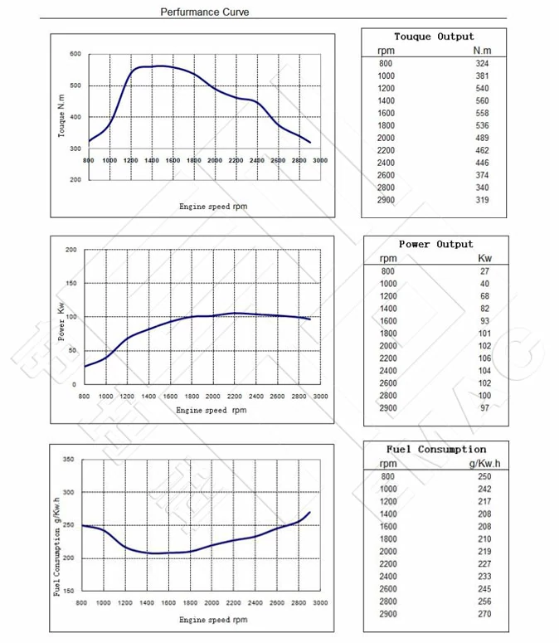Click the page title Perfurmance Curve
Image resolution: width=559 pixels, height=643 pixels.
pos(204,12)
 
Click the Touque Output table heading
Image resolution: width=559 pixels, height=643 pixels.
pos(434,37)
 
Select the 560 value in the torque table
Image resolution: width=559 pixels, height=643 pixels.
pos(482,100)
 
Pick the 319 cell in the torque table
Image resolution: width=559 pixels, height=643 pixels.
pos(482,200)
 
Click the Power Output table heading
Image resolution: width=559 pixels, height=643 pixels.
pos(435,244)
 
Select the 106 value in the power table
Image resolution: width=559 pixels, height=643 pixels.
pos(484,358)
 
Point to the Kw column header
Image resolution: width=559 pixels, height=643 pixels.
pos(484,258)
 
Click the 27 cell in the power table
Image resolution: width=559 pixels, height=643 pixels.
pos(484,271)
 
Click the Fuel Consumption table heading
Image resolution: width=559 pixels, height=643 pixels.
pos(435,449)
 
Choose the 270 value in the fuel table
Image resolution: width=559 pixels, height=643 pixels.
pos(484,614)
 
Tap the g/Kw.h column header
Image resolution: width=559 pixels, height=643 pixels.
pos(483,464)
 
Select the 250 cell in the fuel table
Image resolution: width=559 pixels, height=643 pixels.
pos(484,476)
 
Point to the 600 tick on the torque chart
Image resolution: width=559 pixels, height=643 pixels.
pos(75,54)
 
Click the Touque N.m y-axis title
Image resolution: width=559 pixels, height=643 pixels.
pos(61,116)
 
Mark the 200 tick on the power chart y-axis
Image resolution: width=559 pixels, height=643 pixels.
pos(70,250)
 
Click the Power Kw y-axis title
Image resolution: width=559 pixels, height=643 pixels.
pos(61,321)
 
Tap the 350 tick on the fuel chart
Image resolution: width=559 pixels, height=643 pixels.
pos(69,460)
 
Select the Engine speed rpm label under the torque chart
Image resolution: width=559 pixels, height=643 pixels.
pos(213,206)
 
